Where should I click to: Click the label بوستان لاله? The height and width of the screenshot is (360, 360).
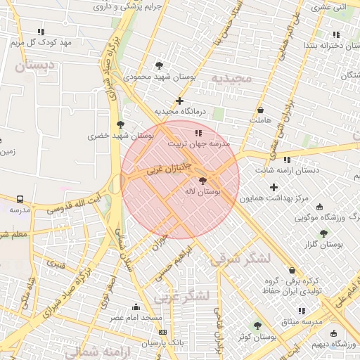point(203,191)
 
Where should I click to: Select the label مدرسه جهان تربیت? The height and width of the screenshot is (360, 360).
point(198,143)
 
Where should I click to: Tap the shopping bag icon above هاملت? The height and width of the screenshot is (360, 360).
point(261,110)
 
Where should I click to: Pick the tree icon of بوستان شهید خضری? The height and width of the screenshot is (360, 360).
point(121,124)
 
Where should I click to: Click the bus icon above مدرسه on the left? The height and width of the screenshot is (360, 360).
point(20,200)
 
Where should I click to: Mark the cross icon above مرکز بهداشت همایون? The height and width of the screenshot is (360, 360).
point(274,187)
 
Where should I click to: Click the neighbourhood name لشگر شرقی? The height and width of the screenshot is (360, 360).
point(240,259)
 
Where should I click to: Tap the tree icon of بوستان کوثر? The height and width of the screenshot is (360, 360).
point(257,326)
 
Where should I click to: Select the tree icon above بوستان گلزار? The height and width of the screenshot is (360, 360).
point(323,233)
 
